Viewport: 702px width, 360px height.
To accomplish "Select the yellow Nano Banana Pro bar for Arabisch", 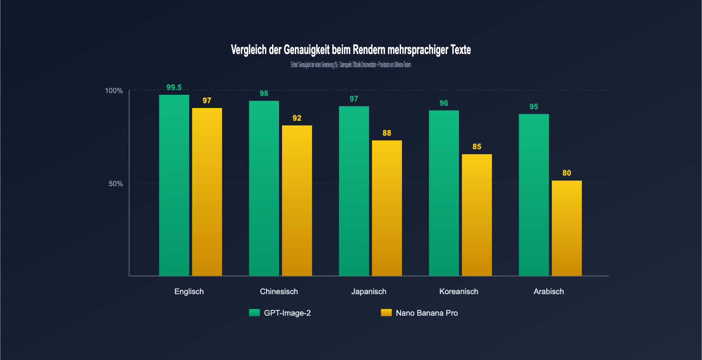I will point(566,228).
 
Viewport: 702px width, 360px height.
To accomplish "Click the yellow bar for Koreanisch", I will point(476,215).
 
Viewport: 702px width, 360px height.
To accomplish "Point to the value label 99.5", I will point(174,87).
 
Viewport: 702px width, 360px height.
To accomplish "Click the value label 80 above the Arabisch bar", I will point(566,173).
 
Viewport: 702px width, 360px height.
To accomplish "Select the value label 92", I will point(297,118).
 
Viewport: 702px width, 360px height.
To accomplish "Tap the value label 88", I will point(387,133).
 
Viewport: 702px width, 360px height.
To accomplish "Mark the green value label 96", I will point(444,103).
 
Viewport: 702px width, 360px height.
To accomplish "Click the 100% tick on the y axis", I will point(114,91).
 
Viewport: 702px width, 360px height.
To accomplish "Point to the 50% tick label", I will point(115,184).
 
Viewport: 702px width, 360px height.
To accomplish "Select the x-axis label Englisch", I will point(189,292).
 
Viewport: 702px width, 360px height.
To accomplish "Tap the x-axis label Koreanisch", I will point(458,292).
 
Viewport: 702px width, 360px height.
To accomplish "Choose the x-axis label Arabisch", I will point(548,292).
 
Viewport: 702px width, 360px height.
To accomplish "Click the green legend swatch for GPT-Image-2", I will point(254,313).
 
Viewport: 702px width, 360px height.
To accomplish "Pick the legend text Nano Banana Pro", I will point(426,313).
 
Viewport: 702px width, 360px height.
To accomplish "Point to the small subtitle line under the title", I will point(351,65).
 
